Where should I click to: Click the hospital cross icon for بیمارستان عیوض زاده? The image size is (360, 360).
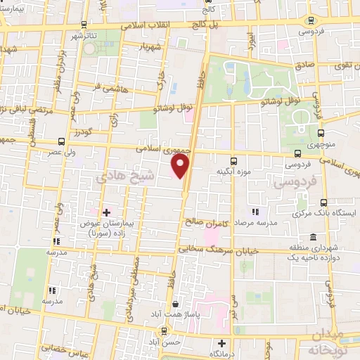tap(106, 212)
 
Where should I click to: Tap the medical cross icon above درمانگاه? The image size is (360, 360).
tap(222, 344)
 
